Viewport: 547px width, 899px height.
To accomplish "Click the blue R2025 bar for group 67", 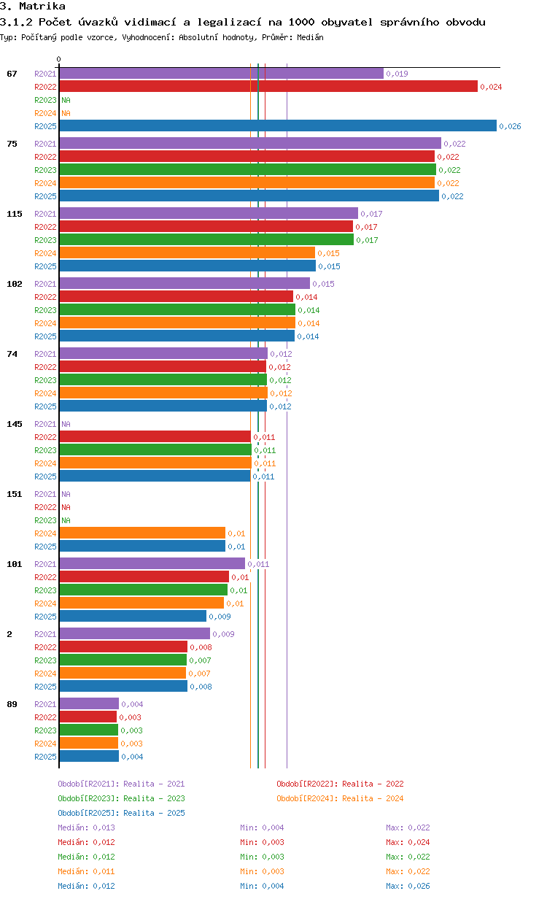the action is [278, 126].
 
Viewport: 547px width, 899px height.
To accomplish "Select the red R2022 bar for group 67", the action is [268, 86].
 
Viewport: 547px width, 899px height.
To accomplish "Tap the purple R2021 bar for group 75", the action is [250, 143].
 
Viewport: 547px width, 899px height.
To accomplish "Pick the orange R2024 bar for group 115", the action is [187, 252].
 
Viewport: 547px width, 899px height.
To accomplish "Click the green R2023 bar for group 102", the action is [177, 310].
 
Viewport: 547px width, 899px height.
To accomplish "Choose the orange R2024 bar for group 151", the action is [142, 533].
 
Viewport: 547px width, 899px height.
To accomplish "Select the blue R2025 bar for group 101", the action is [133, 616].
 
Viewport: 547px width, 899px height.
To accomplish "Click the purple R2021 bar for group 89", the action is [89, 703].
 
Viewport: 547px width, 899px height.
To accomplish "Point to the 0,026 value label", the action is [510, 126].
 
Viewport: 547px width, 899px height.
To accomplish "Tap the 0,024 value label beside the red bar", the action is [491, 87].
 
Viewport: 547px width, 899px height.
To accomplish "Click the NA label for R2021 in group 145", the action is [66, 424].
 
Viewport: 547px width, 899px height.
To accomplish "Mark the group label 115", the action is [15, 214].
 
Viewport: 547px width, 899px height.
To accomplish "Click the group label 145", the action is [15, 424].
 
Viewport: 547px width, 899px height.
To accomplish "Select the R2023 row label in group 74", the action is [45, 380].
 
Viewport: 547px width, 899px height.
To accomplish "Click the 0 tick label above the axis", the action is [58, 59].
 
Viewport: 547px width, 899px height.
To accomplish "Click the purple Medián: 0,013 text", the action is [86, 827].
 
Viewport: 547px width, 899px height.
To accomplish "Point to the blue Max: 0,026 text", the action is [408, 886].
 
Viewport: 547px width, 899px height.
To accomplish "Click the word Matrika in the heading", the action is [42, 6].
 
